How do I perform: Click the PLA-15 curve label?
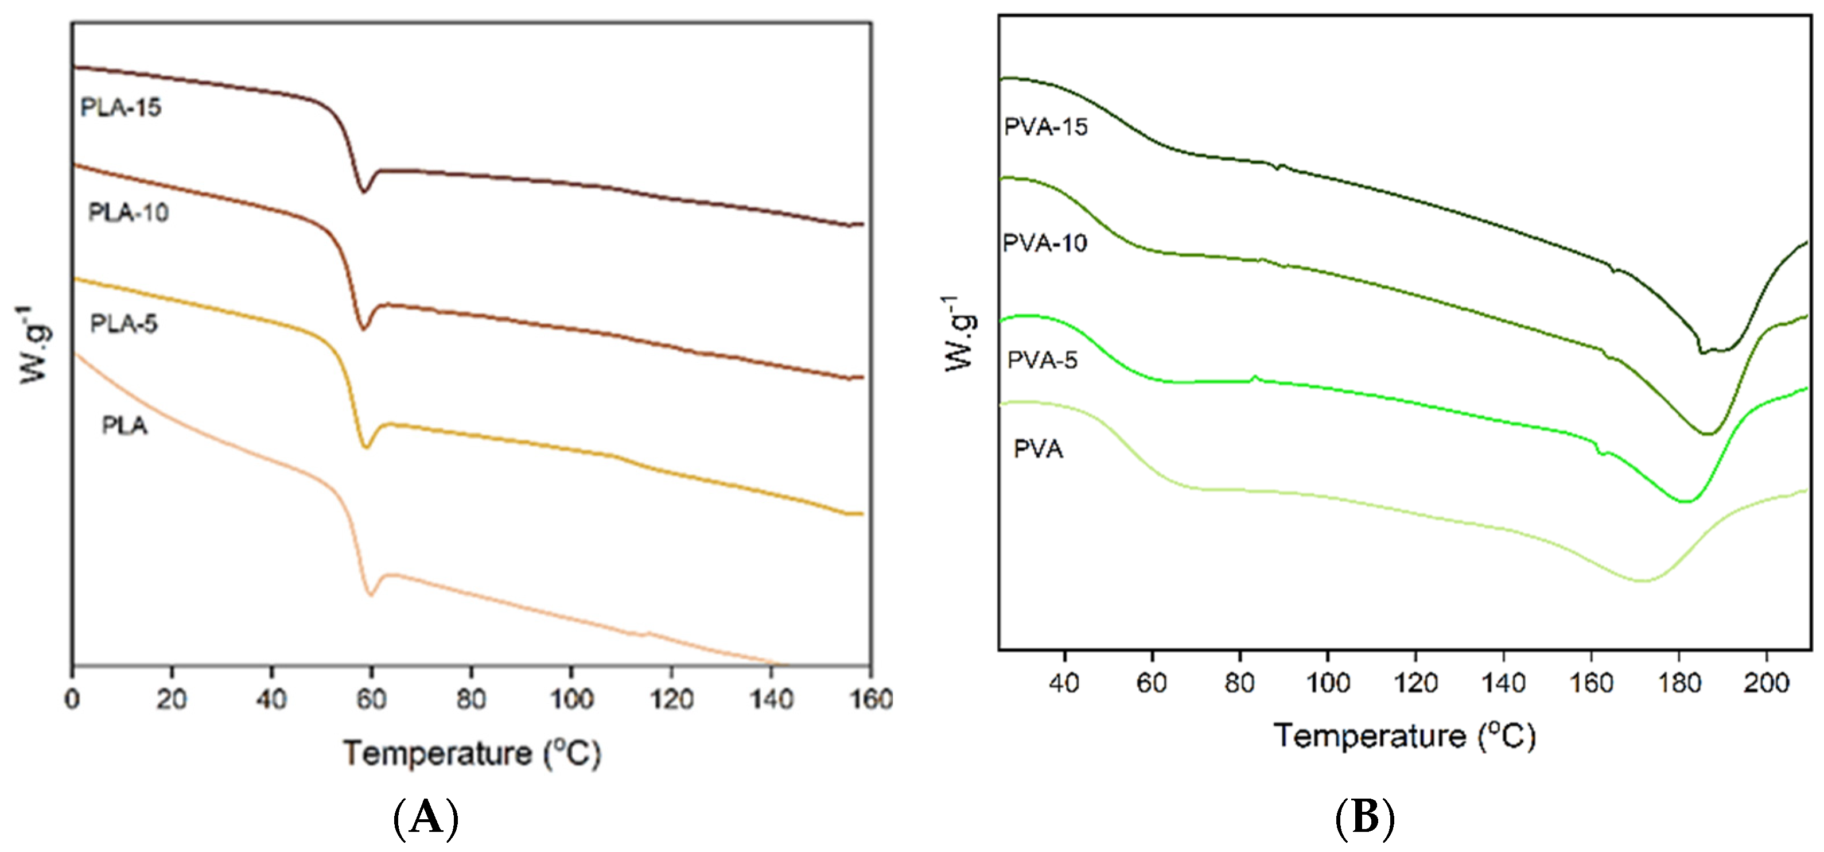click(121, 108)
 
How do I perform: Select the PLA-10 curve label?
click(128, 212)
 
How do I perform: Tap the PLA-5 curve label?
click(124, 324)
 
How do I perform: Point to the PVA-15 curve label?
click(1045, 127)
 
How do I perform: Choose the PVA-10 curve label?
click(1044, 243)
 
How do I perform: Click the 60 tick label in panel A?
click(371, 700)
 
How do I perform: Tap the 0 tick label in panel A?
click(72, 700)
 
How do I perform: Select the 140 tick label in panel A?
click(771, 700)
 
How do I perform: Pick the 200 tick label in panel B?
click(1766, 683)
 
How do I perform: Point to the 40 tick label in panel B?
click(1064, 683)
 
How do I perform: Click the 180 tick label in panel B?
click(1678, 683)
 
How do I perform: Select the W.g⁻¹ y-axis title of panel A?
click(33, 345)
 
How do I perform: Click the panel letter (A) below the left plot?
click(426, 818)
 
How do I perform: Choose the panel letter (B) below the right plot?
click(1364, 818)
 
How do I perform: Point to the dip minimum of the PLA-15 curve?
click(364, 191)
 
